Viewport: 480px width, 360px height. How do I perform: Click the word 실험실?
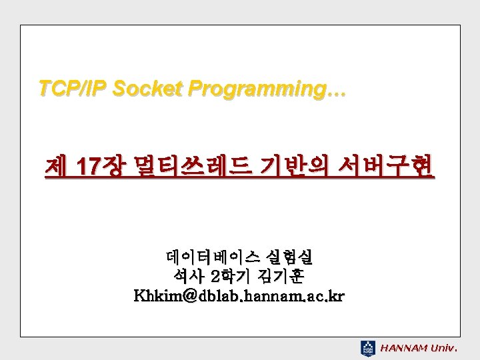(x=289, y=257)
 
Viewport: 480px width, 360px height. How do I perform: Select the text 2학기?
(x=231, y=275)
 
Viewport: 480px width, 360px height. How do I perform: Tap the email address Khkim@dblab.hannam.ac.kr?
(x=239, y=295)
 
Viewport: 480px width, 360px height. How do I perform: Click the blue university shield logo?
(x=368, y=347)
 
